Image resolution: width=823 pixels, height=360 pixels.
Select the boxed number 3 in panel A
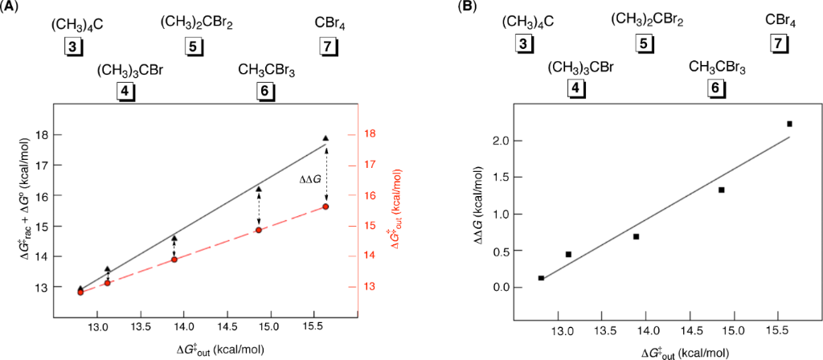[x=74, y=47]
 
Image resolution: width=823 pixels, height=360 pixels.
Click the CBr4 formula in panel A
[x=330, y=25]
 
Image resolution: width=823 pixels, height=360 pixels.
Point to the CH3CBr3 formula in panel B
[x=717, y=67]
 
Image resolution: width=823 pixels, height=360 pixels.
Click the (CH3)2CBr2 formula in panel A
[x=196, y=22]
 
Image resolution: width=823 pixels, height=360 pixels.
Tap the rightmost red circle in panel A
[x=326, y=207]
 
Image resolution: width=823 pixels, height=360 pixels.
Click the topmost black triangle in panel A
[x=326, y=139]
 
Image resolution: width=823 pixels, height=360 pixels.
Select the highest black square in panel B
[x=789, y=124]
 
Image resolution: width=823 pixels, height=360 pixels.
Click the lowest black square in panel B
[x=541, y=278]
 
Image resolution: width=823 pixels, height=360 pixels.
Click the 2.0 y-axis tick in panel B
[x=502, y=141]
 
